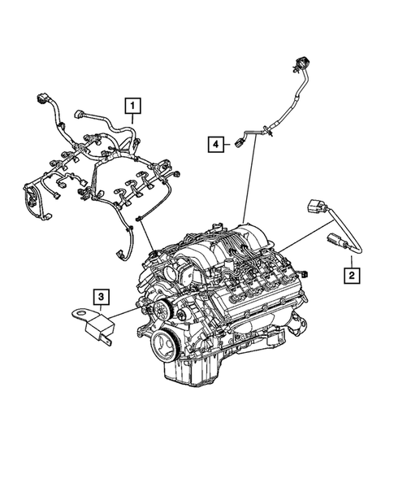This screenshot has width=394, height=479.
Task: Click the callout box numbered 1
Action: tap(131, 105)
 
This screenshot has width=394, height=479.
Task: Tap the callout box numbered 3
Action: tap(99, 297)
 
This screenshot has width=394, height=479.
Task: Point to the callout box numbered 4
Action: tap(215, 144)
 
